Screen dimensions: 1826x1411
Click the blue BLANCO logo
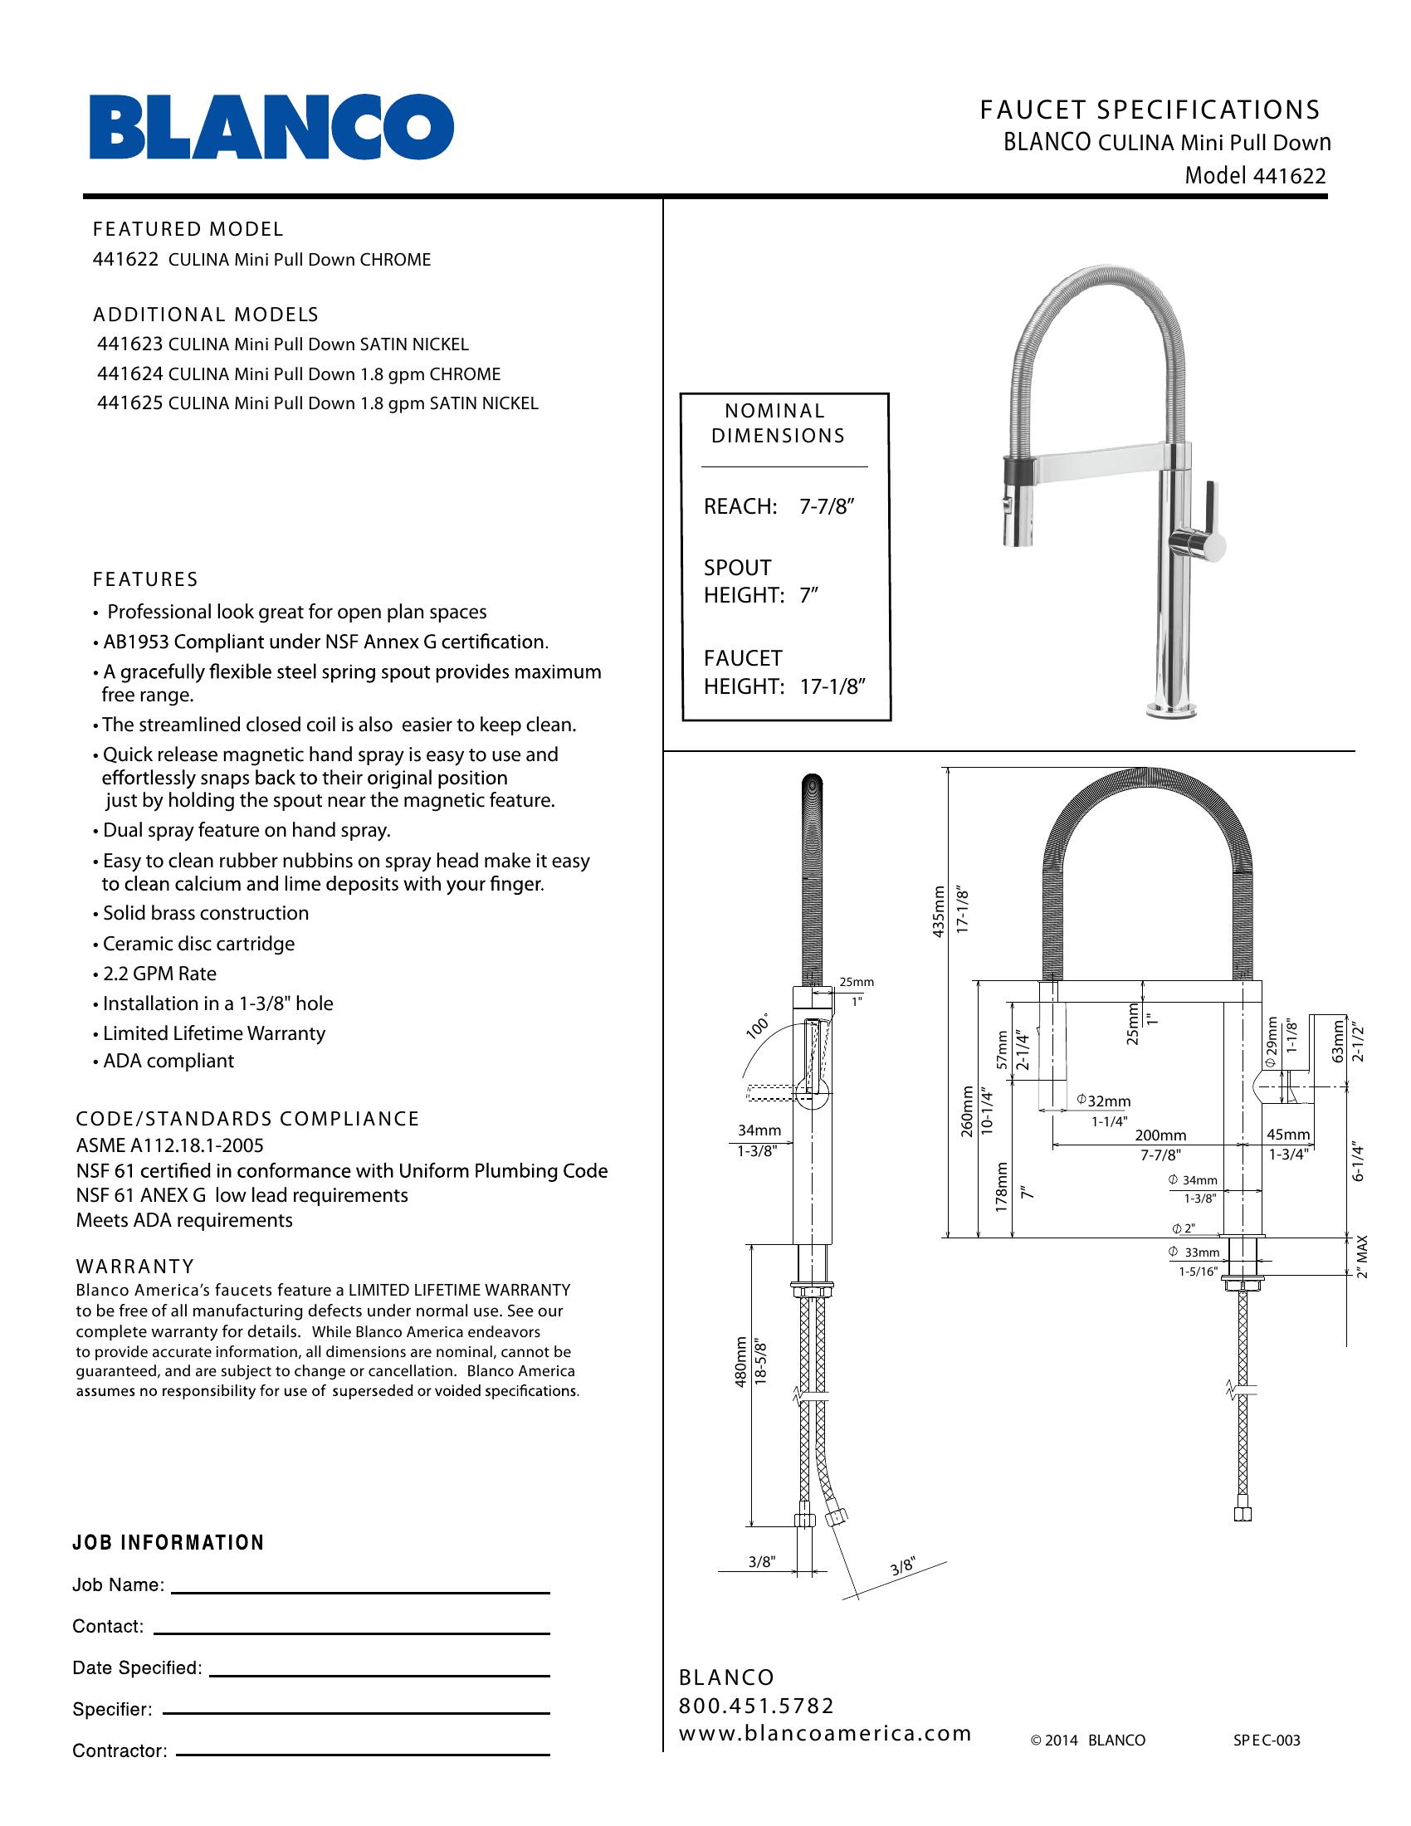pos(271,126)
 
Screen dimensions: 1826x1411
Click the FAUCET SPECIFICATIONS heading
pos(1150,110)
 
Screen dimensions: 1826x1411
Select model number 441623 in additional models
pos(130,344)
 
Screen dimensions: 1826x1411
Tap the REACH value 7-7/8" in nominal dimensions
pos(827,506)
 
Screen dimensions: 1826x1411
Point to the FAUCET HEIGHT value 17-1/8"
pos(832,686)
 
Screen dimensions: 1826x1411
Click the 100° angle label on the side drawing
pos(757,1027)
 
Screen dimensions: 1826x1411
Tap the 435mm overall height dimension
pos(938,911)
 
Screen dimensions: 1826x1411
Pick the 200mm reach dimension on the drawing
pos(1160,1135)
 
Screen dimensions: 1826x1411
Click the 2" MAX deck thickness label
pos(1363,1257)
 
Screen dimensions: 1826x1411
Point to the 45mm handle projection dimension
pos(1288,1135)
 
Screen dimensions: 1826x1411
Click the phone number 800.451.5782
pos(756,1706)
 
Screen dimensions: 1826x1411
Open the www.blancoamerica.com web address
pos(825,1733)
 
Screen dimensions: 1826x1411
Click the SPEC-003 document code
pos(1267,1741)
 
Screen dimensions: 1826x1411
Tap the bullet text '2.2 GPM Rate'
pos(159,974)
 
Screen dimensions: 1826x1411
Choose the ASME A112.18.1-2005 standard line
pos(169,1145)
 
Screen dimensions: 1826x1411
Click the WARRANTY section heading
pos(135,1266)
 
